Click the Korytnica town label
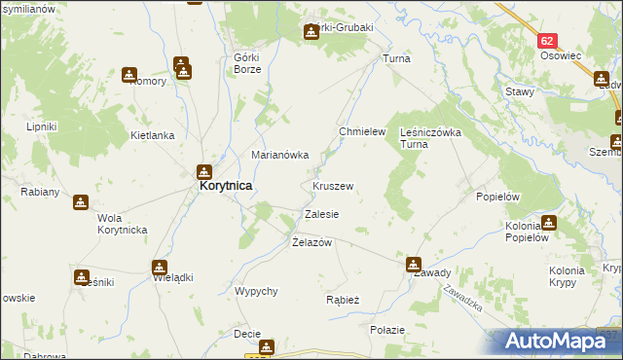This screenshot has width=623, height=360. click(226, 184)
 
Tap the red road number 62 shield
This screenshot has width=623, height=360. click(548, 42)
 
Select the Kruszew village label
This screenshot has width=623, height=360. click(333, 185)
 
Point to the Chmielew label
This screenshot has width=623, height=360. click(362, 131)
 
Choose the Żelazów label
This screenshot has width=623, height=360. click(312, 242)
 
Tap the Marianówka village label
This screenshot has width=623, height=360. click(280, 155)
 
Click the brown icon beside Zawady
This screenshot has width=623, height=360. click(414, 263)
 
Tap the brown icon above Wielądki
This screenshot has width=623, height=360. click(159, 267)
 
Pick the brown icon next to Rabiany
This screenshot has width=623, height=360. click(80, 202)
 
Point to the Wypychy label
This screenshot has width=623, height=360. click(257, 291)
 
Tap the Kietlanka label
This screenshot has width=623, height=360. click(152, 136)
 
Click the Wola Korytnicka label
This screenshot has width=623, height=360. click(122, 223)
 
